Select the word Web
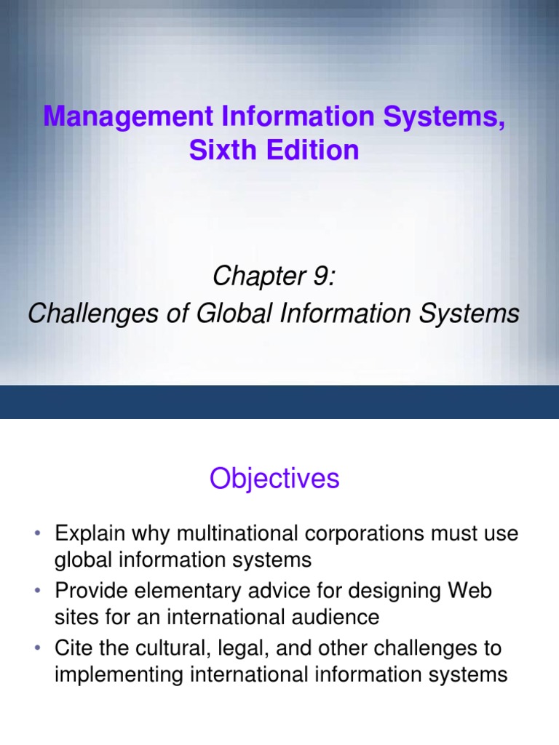472,590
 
